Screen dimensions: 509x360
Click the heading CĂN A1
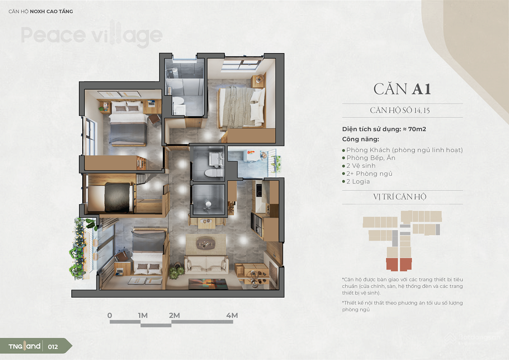tap(402, 89)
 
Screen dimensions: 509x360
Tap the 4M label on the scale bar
tap(232, 315)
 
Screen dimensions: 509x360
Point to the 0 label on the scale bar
tap(110, 315)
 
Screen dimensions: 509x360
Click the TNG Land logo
tap(24, 346)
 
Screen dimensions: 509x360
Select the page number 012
tap(53, 347)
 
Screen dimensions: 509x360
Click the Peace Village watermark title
tap(92, 35)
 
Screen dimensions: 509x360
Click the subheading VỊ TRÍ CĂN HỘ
tap(400, 197)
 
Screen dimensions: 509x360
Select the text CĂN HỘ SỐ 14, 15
tap(400, 110)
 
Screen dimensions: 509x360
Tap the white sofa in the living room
tap(206, 264)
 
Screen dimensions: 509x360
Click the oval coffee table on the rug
tap(205, 243)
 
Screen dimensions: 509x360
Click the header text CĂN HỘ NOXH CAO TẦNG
tap(41, 11)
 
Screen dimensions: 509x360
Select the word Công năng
tap(361, 139)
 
